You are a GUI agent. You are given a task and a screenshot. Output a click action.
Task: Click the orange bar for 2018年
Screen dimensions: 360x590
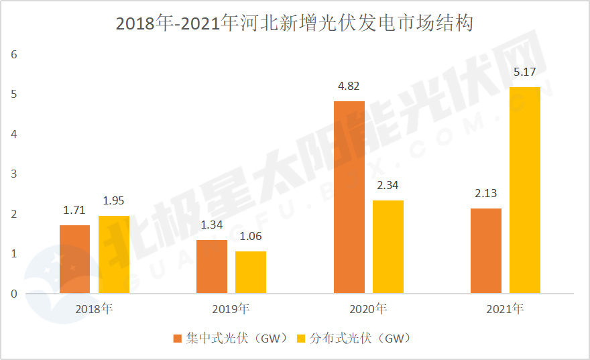pos(74,259)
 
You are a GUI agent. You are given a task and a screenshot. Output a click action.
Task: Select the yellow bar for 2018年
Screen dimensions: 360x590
pos(113,255)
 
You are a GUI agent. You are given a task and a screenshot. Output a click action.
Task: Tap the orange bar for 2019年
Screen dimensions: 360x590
pos(211,267)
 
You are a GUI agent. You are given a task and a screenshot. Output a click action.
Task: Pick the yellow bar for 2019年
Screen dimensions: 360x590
pos(250,272)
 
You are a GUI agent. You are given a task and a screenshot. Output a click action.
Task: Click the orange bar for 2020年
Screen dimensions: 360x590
pos(349,197)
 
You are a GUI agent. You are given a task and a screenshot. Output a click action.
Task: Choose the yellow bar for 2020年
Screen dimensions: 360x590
pos(388,247)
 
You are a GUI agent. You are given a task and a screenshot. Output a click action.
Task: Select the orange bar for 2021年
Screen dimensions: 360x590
pos(485,251)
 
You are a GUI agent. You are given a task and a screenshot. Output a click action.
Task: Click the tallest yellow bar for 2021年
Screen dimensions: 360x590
pos(524,190)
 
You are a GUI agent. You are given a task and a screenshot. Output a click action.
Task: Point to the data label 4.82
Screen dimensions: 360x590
pos(349,86)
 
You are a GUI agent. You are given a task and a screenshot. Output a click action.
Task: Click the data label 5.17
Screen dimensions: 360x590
pos(524,72)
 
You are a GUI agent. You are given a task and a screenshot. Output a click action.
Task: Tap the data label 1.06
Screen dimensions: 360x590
pos(250,236)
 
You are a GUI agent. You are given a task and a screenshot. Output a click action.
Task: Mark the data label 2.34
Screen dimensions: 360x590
pos(388,185)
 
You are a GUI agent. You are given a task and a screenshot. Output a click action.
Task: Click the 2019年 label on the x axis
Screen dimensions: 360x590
pos(231,309)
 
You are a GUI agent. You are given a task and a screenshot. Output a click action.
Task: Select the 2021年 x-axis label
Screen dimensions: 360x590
pos(505,309)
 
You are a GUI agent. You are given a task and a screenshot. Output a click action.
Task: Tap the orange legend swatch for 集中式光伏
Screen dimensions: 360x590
pos(178,338)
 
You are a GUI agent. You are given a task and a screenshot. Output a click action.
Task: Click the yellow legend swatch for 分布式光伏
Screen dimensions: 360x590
pos(300,338)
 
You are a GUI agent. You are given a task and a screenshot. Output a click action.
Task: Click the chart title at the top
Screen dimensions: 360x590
pos(295,23)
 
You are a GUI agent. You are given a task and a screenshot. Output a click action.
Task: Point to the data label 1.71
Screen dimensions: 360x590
pos(74,211)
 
